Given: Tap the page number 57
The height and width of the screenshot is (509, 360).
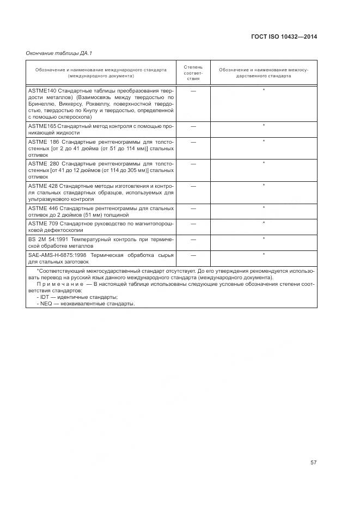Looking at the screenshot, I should pos(314,463).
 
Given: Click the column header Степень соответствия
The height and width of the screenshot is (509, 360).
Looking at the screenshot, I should pos(193,72).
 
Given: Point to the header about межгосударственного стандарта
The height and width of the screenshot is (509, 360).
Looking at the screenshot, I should pos(264,73).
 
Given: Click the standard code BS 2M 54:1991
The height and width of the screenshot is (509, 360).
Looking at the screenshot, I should pos(51,239).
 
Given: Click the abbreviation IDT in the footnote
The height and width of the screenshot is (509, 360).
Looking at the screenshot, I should pos(45,297).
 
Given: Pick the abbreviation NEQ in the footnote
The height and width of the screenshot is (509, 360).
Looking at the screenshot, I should pos(46,304).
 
